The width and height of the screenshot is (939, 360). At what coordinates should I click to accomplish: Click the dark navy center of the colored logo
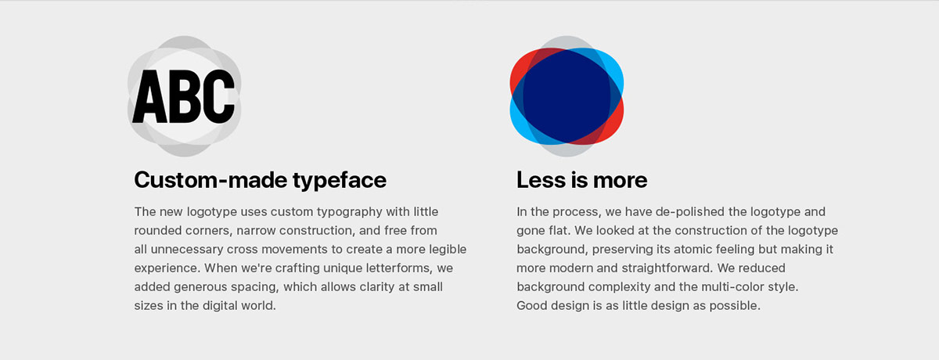pyautogui.click(x=567, y=96)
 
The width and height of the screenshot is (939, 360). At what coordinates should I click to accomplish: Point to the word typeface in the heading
pyautogui.click(x=340, y=181)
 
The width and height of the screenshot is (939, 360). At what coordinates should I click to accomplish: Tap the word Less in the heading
pyautogui.click(x=541, y=180)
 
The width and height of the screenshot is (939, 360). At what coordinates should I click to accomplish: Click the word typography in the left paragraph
pyautogui.click(x=349, y=212)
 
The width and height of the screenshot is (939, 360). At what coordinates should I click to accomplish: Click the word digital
pyautogui.click(x=221, y=306)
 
